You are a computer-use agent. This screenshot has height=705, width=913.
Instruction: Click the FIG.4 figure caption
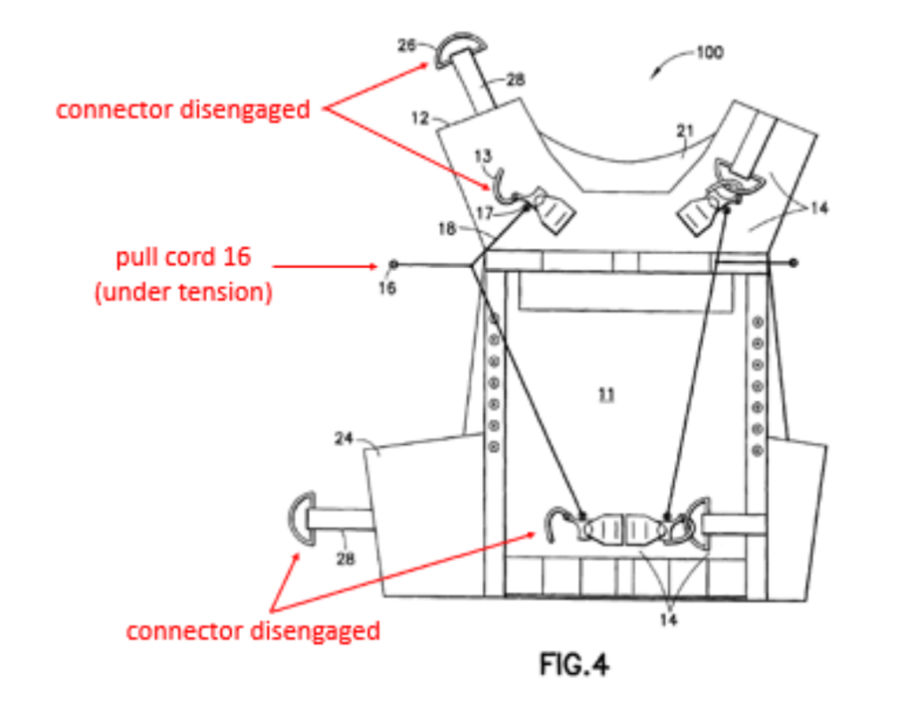(575, 665)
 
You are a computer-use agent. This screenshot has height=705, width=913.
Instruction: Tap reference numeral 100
(710, 53)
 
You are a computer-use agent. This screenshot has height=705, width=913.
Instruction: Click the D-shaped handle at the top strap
(460, 51)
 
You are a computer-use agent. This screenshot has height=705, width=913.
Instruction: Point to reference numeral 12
(420, 117)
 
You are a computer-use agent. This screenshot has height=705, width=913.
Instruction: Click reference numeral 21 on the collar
(685, 131)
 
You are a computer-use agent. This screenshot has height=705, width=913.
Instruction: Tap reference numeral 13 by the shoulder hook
(483, 156)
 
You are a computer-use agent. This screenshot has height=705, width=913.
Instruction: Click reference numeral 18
(448, 229)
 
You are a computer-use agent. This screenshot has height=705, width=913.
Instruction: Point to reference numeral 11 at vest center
(606, 393)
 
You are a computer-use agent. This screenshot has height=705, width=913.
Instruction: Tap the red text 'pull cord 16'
(184, 258)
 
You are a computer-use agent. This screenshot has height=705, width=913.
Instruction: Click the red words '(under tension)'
(184, 291)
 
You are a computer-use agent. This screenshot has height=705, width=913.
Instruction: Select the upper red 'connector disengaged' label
(183, 110)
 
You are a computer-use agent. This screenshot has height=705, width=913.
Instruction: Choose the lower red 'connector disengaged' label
(253, 631)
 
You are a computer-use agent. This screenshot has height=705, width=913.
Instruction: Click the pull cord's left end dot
(394, 264)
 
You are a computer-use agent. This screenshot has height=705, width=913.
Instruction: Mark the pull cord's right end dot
(794, 263)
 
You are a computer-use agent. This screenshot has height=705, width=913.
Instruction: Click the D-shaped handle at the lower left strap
(302, 521)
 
